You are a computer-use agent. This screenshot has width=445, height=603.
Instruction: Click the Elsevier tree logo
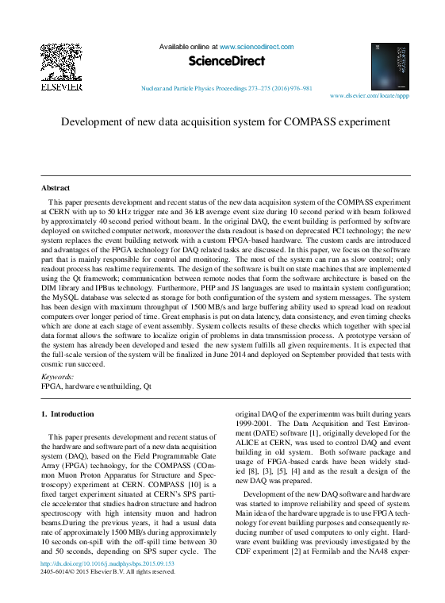(61, 63)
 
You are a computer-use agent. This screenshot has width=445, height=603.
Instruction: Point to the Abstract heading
(56, 188)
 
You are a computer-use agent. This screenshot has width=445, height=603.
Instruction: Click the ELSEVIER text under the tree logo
(61, 87)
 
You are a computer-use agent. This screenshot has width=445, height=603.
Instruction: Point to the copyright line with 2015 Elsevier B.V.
(107, 572)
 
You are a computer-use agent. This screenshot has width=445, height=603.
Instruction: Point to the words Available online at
(188, 48)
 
